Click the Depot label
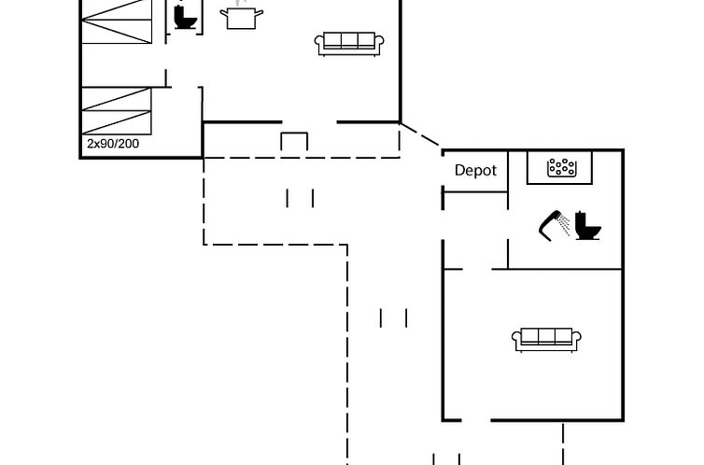[475, 171]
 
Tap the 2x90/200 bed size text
[113, 144]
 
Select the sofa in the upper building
[349, 44]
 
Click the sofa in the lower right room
[546, 340]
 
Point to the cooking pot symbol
[242, 17]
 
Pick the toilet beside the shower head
[587, 225]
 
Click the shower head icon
[550, 226]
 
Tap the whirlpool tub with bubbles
[561, 167]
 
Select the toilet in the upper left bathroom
[185, 17]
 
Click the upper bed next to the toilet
[117, 21]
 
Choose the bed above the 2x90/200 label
[117, 110]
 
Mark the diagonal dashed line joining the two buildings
[419, 134]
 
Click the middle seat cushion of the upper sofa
[349, 40]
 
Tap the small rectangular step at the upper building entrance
[294, 141]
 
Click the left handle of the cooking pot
[223, 13]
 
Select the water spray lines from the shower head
[564, 224]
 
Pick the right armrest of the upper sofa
[379, 42]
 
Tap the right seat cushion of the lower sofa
[563, 336]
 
